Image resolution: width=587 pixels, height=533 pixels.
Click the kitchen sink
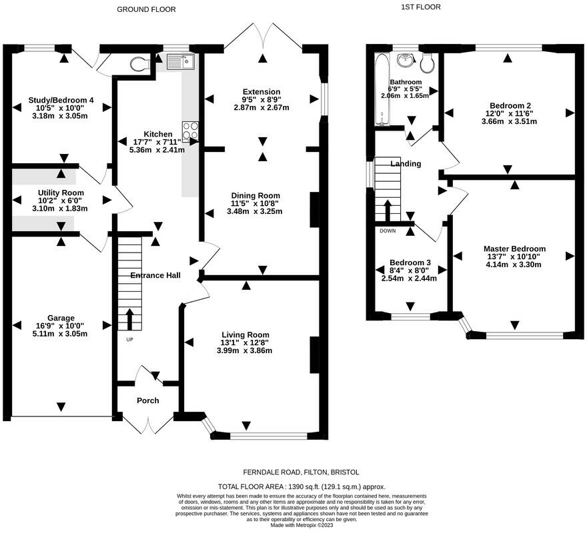181,62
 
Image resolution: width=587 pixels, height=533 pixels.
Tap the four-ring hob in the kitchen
191,131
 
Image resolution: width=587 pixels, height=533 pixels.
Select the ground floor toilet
139,64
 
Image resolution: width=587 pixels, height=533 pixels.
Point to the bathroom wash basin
406,60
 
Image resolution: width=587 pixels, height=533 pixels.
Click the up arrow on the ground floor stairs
129,319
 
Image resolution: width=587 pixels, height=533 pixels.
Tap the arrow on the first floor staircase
387,211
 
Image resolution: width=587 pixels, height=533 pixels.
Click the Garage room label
61,318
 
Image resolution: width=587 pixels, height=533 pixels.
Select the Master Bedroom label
514,249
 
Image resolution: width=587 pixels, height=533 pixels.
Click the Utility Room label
61,193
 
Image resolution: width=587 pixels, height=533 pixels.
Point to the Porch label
148,400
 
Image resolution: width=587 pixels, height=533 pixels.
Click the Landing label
406,164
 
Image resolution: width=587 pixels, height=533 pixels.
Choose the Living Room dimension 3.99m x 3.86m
244,351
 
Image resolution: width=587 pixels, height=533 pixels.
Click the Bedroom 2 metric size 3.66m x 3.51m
509,121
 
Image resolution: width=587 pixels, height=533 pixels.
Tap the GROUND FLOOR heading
146,10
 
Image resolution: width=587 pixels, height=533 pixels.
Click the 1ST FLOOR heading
421,7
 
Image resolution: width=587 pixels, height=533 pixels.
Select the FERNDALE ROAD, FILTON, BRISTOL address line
301,472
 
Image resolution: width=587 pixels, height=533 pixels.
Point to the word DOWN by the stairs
388,231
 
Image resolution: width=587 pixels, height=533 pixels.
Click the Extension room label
261,92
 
